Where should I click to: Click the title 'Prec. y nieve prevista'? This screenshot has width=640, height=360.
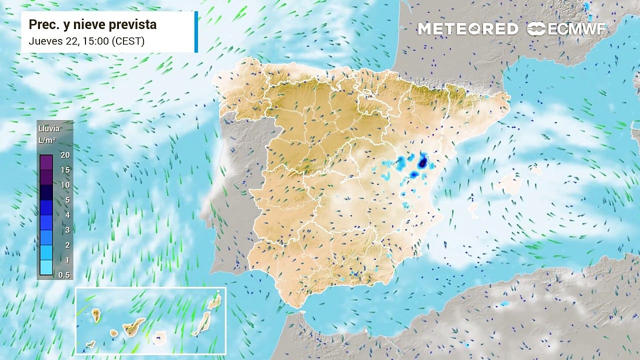click(x=92, y=24)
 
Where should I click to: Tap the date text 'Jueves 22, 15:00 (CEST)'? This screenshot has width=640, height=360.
click(x=86, y=41)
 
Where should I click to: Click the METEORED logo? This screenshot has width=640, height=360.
click(x=468, y=29)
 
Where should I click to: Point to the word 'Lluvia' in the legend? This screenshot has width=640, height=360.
click(x=49, y=128)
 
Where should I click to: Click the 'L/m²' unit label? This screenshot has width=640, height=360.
click(x=47, y=140)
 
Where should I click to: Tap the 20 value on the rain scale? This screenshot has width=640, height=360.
click(x=65, y=155)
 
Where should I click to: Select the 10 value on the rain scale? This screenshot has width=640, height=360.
click(x=65, y=185)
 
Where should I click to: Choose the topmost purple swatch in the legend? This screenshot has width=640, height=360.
click(x=46, y=162)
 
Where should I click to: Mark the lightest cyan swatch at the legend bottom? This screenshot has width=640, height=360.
click(x=46, y=267)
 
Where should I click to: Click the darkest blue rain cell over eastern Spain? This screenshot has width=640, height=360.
click(x=423, y=162)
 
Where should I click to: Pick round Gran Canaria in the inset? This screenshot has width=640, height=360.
click(x=160, y=338)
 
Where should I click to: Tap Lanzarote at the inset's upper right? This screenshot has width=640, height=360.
click(x=215, y=301)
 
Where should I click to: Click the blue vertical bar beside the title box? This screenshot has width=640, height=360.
click(x=196, y=31)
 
